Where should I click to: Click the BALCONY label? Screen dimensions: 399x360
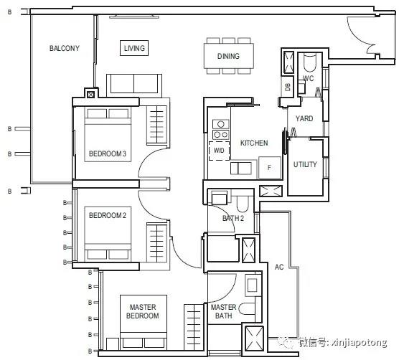(x=65, y=48)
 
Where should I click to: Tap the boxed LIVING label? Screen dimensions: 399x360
(x=134, y=48)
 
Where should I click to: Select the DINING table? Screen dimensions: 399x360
(x=229, y=56)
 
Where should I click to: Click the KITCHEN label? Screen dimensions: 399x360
(x=254, y=143)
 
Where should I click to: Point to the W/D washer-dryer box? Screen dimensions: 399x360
(x=219, y=151)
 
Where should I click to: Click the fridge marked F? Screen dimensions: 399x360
(x=270, y=168)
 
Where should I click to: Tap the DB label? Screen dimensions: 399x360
(x=288, y=87)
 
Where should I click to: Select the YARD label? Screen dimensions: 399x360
(x=304, y=118)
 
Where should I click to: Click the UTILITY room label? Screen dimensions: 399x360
(x=305, y=164)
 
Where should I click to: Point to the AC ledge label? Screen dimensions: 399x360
(x=279, y=267)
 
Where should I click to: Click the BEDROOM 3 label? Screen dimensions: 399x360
(x=108, y=153)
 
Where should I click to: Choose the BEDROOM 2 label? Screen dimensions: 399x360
(x=108, y=215)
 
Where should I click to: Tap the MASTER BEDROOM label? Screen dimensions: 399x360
(x=143, y=311)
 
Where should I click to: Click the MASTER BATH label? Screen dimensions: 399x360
(x=223, y=311)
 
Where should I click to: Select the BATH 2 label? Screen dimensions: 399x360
(x=233, y=218)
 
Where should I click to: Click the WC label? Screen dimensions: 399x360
(x=308, y=78)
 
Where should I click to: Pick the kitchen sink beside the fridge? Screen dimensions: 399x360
(x=241, y=169)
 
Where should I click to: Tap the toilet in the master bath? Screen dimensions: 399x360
(x=247, y=308)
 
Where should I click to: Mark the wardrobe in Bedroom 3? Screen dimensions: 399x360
(x=156, y=125)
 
